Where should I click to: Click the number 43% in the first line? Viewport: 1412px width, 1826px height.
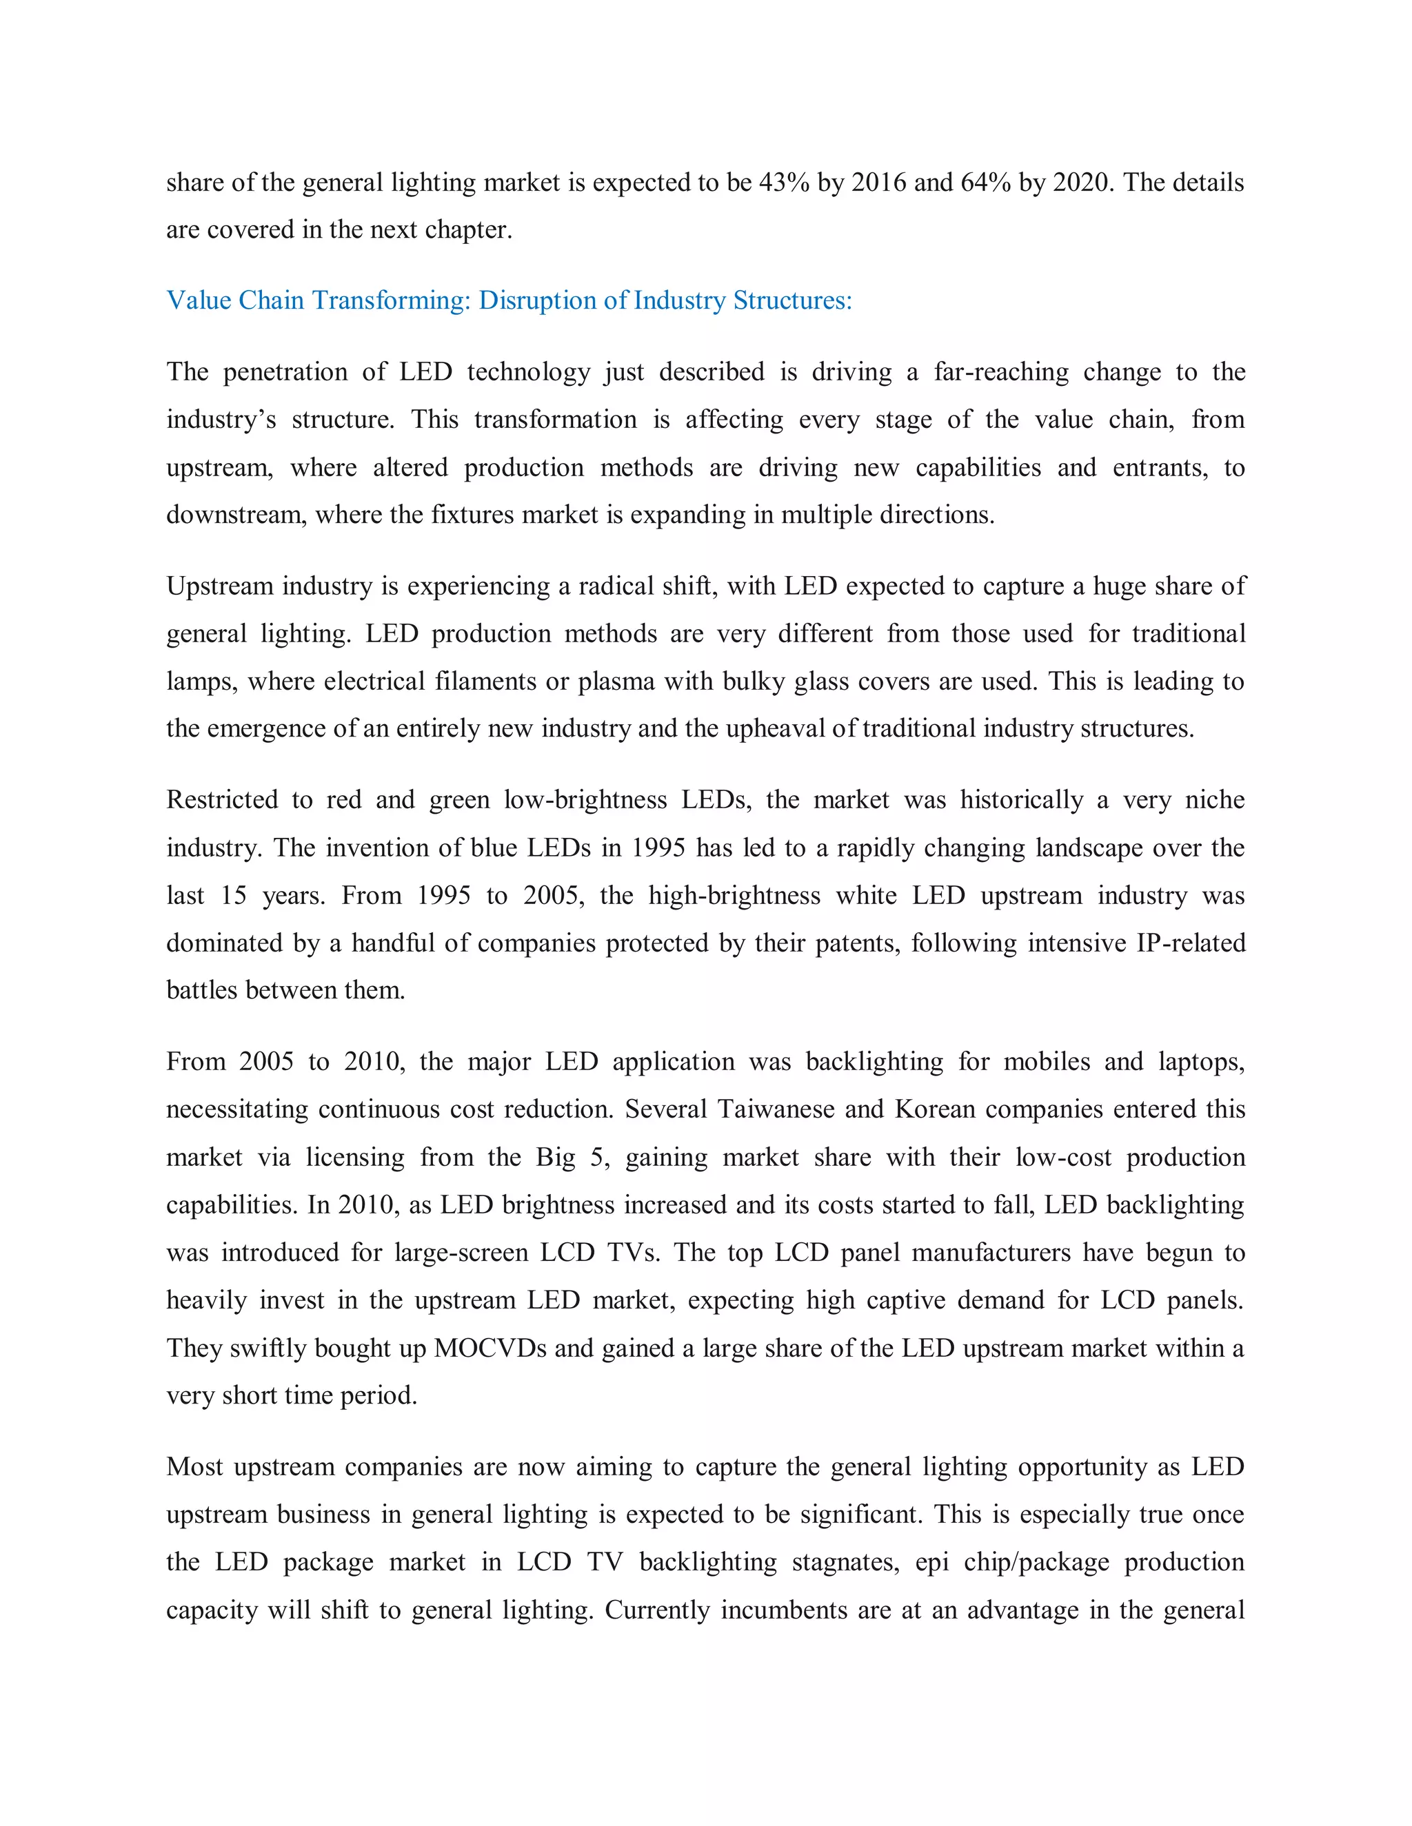(784, 183)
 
